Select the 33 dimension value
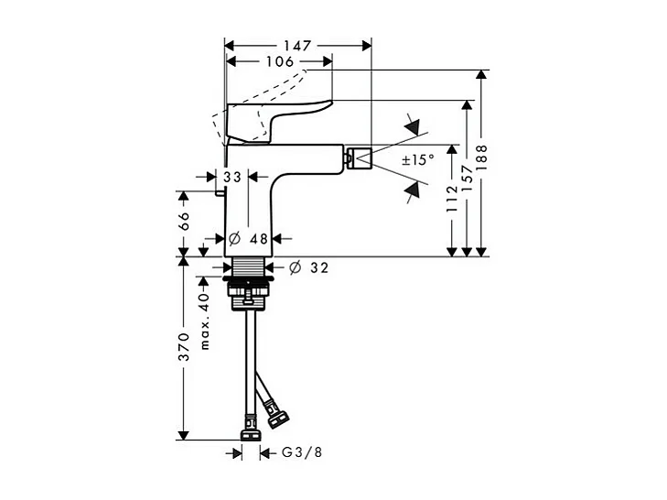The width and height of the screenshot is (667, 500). [231, 177]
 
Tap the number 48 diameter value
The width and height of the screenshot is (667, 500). [258, 238]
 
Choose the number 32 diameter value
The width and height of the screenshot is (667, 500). [317, 268]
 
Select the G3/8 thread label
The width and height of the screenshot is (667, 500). [302, 453]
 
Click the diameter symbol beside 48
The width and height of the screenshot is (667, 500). [234, 238]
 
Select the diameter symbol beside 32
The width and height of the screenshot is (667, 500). [295, 268]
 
